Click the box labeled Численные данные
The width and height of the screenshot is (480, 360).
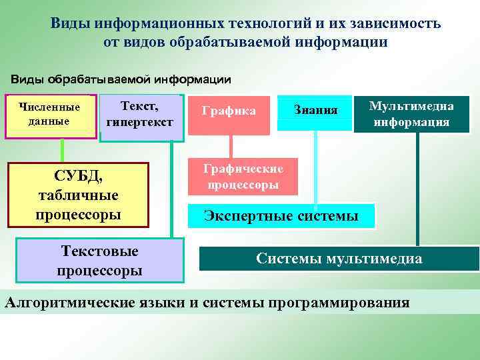50,115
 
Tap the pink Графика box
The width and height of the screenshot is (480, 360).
231,111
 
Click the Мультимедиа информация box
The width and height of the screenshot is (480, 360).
411,114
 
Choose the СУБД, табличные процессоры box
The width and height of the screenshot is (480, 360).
77,195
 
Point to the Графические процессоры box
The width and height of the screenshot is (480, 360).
243,177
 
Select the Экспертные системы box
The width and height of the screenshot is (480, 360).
281,216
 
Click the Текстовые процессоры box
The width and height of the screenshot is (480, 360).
99,261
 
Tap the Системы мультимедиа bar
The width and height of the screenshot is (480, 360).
339,259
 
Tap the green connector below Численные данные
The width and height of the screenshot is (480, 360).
62,150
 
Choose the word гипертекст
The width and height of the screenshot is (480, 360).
140,123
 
